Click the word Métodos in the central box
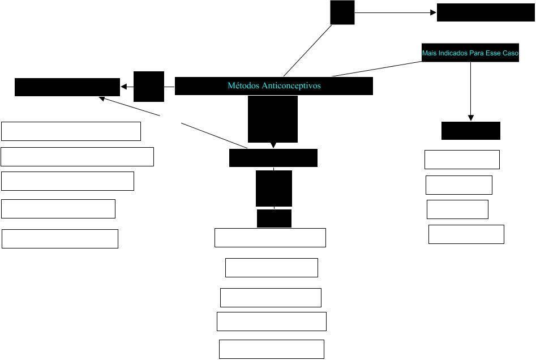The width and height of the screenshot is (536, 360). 242,86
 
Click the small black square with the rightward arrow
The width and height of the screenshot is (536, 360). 342,12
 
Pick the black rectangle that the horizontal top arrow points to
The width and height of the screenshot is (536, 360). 486,12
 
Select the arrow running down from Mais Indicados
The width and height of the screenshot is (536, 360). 471,91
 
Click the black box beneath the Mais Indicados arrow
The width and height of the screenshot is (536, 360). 471,130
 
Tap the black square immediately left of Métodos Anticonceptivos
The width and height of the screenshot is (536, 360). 149,87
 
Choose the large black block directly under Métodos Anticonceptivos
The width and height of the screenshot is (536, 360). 273,118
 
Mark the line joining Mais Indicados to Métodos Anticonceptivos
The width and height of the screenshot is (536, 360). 376,67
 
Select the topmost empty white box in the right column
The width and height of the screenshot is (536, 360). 462,160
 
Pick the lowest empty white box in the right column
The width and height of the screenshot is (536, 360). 466,234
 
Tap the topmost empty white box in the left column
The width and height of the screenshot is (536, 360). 71,131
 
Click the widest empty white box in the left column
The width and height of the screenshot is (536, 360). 77,157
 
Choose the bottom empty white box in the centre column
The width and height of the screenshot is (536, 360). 271,349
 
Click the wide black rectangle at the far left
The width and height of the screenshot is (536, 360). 67,87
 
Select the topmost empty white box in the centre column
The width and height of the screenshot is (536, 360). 270,238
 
